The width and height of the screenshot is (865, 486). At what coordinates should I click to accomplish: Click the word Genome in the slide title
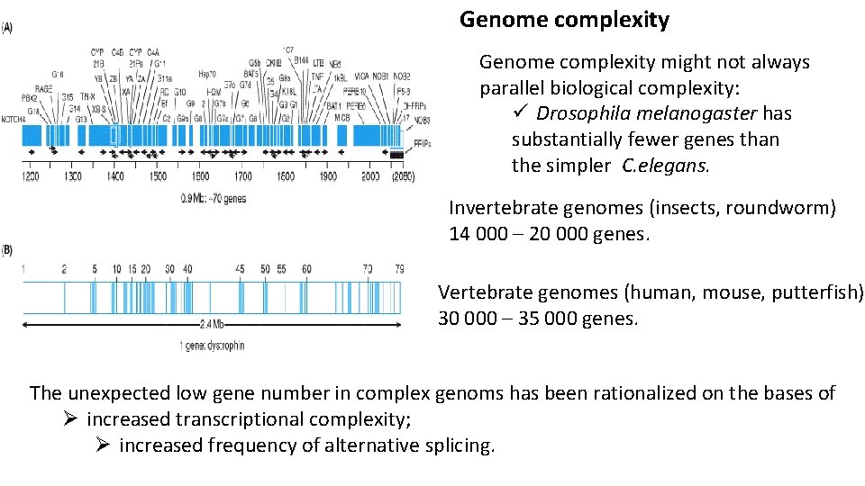pyautogui.click(x=498, y=20)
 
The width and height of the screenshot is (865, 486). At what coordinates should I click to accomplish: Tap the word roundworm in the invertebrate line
pyautogui.click(x=783, y=209)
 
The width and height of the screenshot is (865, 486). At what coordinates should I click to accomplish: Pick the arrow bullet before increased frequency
pyautogui.click(x=103, y=445)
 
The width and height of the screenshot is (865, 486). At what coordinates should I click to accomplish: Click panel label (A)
pyautogui.click(x=7, y=28)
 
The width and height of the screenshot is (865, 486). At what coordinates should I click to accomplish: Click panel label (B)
pyautogui.click(x=7, y=247)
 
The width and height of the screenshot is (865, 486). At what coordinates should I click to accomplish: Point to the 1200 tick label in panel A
pyautogui.click(x=31, y=177)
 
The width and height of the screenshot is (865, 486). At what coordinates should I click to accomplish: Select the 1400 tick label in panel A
pyautogui.click(x=115, y=177)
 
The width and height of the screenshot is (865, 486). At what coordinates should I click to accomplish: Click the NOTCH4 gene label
pyautogui.click(x=14, y=119)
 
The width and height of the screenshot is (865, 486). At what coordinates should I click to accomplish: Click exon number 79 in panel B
pyautogui.click(x=399, y=268)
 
